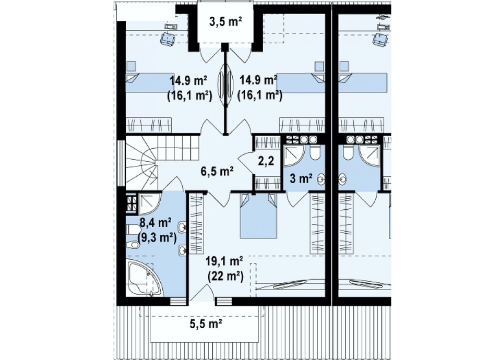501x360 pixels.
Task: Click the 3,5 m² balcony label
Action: pyautogui.click(x=225, y=22)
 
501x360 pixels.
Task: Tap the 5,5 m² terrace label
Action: pyautogui.click(x=206, y=324)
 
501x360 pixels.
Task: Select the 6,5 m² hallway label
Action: pyautogui.click(x=217, y=171)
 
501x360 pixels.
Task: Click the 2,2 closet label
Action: pyautogui.click(x=266, y=161)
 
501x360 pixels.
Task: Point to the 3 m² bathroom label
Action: pyautogui.click(x=301, y=178)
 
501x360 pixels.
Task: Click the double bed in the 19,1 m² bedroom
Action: pyautogui.click(x=258, y=216)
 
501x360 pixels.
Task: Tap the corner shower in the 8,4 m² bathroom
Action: pyautogui.click(x=150, y=204)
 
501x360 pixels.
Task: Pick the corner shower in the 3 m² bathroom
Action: pyautogui.click(x=294, y=157)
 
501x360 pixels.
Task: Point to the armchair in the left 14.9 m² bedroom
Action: pyautogui.click(x=168, y=38)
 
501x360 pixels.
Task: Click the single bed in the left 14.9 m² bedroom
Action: pyautogui.click(x=149, y=83)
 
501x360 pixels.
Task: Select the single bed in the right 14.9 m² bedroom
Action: pyautogui.click(x=301, y=83)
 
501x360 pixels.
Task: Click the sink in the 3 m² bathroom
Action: pyautogui.click(x=321, y=179)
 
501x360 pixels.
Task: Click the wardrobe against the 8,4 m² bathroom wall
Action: pyautogui.click(x=197, y=224)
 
